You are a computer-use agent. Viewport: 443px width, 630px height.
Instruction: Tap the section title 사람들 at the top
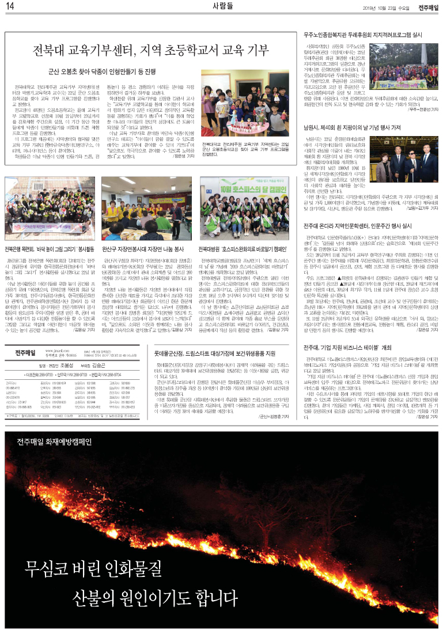(221, 6)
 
